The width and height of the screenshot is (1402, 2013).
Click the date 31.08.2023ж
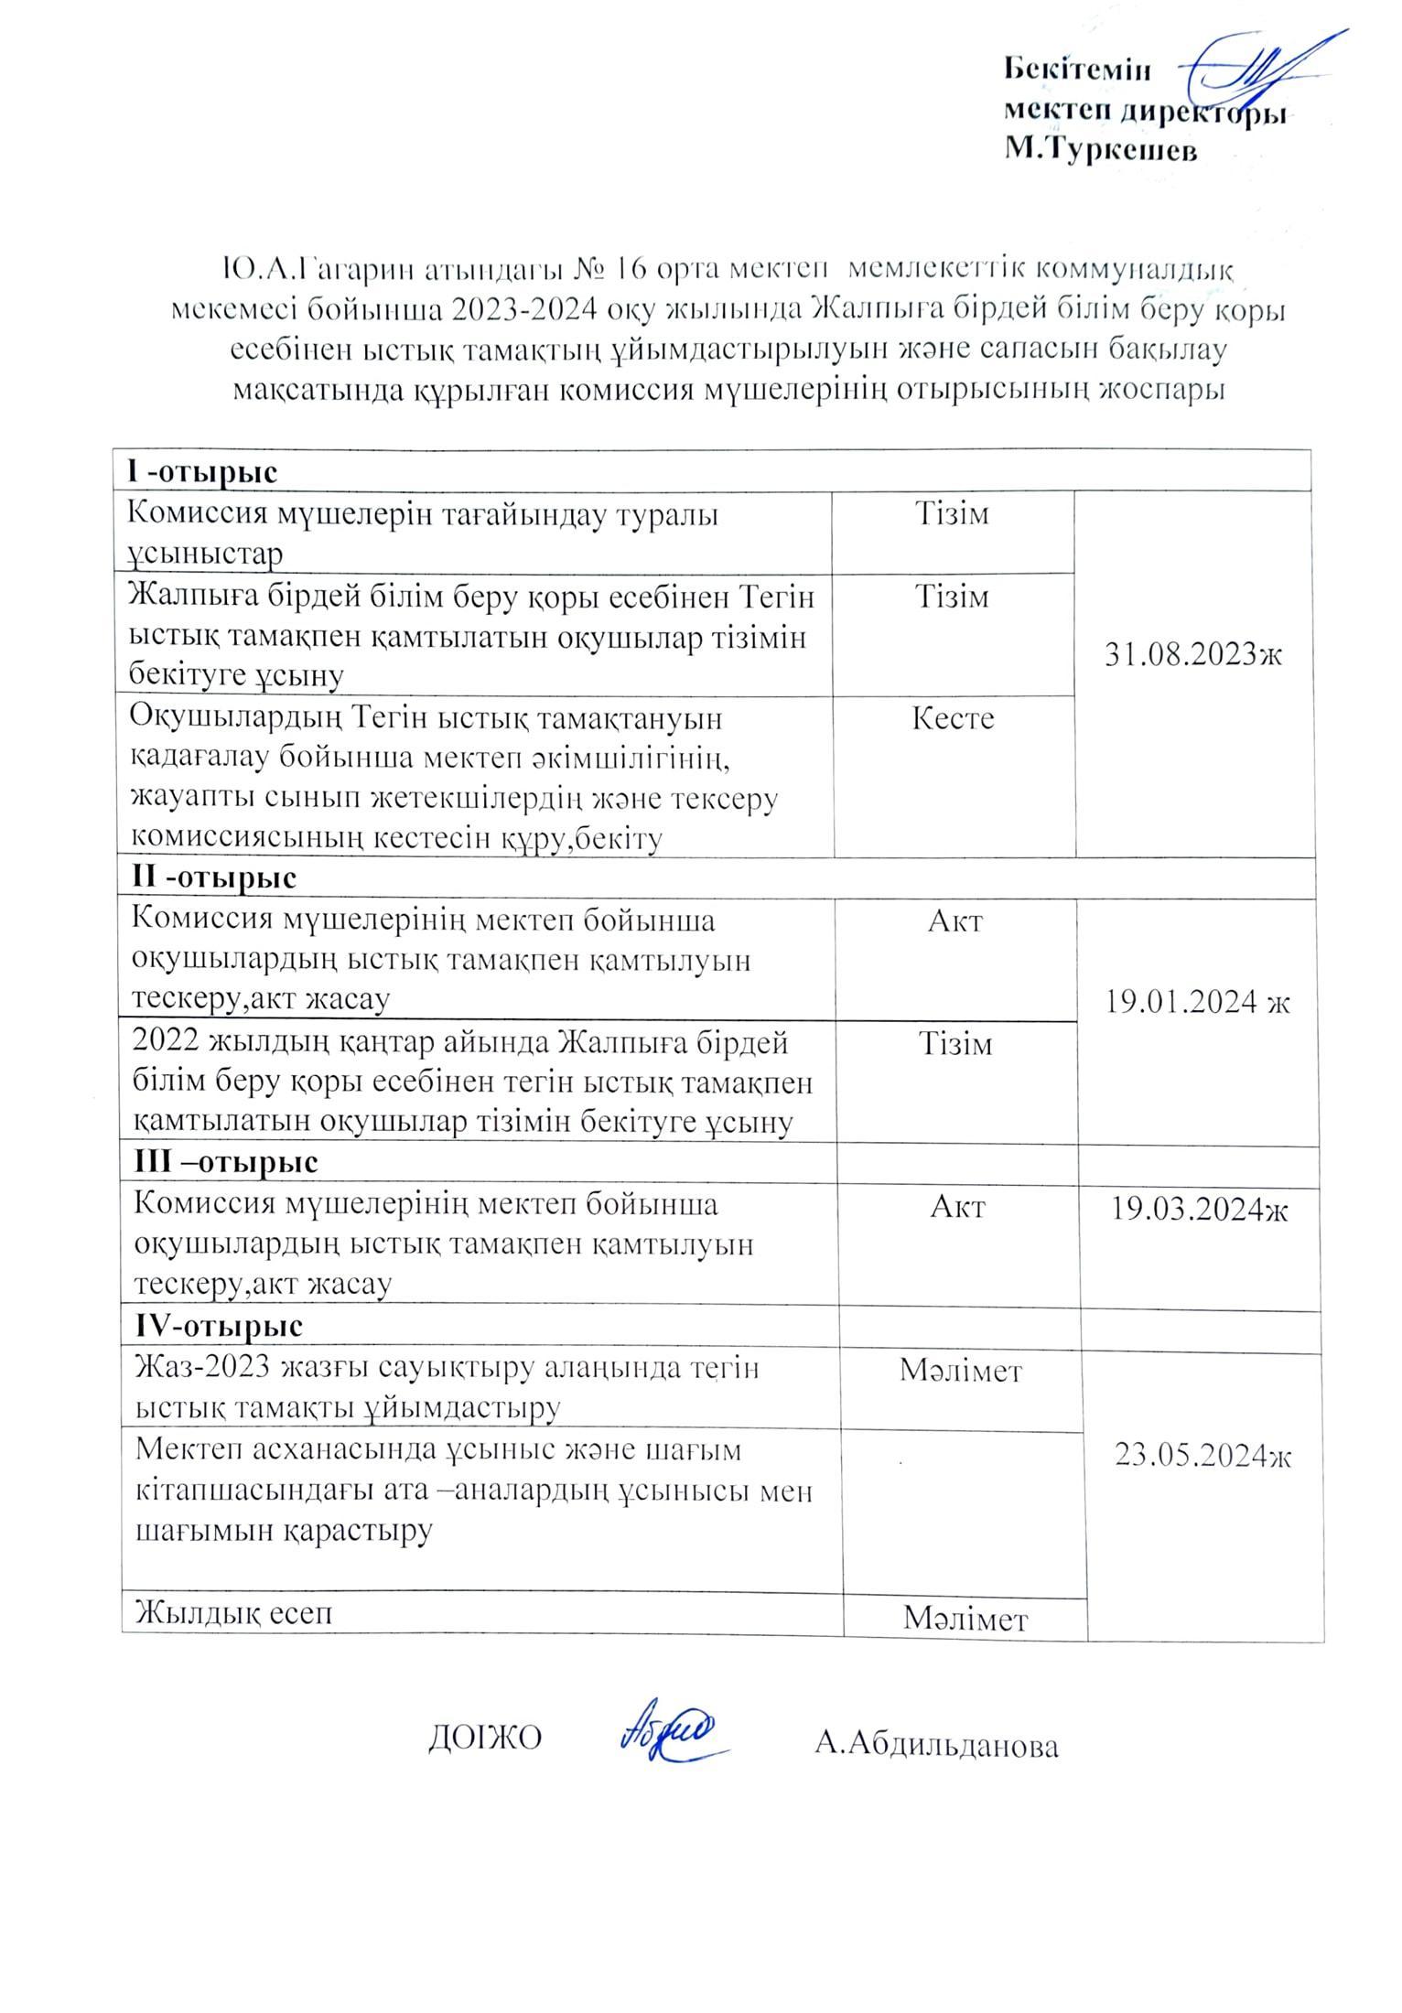[1193, 655]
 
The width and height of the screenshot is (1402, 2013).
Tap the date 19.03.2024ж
[1200, 1210]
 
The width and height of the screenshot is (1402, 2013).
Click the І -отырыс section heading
[201, 472]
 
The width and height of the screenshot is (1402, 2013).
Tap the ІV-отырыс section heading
[219, 1325]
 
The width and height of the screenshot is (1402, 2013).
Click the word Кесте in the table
[953, 718]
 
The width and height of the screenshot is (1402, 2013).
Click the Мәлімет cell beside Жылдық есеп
[965, 1619]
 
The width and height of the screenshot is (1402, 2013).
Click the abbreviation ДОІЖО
[485, 1738]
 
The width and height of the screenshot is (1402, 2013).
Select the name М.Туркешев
[1101, 149]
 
